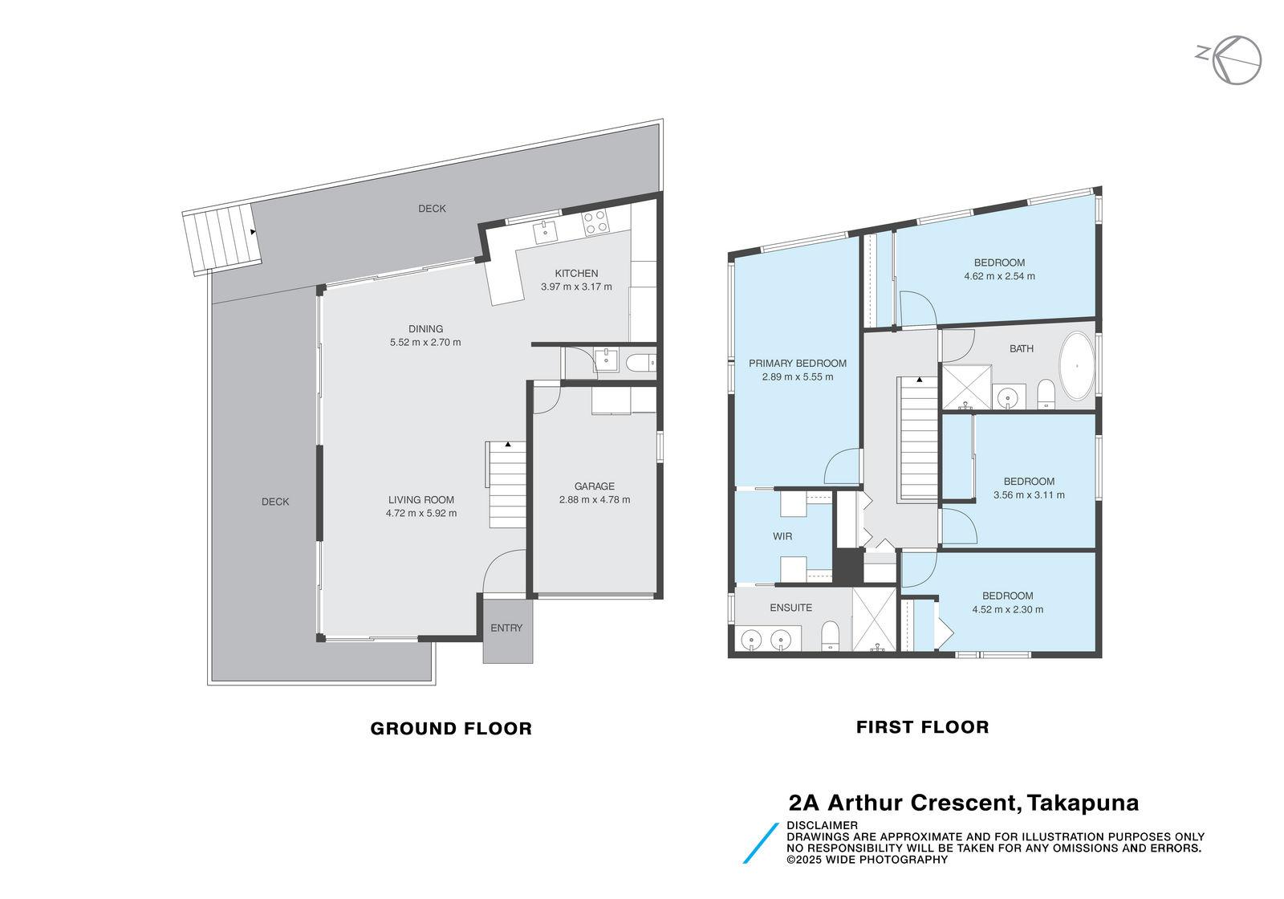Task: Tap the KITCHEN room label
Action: click(x=576, y=274)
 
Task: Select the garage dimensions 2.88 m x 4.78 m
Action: click(x=595, y=499)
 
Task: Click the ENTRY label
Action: click(x=506, y=628)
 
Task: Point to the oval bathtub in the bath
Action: click(x=1078, y=366)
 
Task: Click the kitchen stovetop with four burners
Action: click(x=595, y=222)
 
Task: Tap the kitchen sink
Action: click(x=545, y=232)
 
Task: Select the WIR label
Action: click(x=782, y=536)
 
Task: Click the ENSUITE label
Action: click(x=791, y=607)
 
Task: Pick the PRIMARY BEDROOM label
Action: click(x=798, y=363)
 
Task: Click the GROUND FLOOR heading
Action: click(x=451, y=728)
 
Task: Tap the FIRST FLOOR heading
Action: click(x=922, y=727)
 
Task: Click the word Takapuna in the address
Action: click(x=1083, y=803)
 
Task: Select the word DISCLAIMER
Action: click(x=822, y=826)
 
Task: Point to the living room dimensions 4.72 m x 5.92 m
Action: click(x=421, y=513)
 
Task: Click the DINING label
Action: click(x=425, y=328)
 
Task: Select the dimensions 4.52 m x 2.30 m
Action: click(x=1008, y=609)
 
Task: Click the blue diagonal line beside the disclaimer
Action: click(x=761, y=843)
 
